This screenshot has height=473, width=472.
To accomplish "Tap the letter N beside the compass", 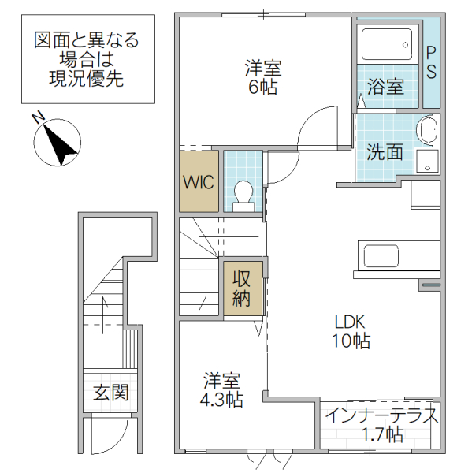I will [37, 118].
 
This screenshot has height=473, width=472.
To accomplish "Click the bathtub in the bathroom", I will [386, 44].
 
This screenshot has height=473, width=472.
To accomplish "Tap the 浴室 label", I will [386, 86].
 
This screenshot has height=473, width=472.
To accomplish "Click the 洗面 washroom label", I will [385, 151].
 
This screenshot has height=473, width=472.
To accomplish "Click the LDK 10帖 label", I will [351, 331].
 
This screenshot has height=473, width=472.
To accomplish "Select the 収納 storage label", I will [241, 288].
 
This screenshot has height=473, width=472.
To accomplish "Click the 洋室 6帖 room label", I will [262, 77].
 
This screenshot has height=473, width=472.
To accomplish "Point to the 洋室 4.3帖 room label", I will [221, 389].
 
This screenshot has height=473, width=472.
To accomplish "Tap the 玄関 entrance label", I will [111, 392].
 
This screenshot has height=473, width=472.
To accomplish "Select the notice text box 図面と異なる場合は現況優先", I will [87, 59].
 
